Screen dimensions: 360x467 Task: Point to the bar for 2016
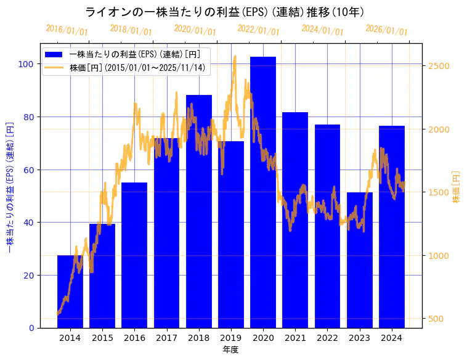click(x=134, y=255)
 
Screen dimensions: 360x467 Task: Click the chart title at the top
click(x=224, y=12)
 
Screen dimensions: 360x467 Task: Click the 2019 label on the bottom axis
click(x=231, y=338)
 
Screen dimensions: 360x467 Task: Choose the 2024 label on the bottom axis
click(x=392, y=338)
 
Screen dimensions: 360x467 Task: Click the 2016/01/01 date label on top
click(x=67, y=30)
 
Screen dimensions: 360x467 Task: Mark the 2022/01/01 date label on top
click(x=259, y=30)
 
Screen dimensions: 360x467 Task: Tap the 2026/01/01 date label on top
click(x=386, y=30)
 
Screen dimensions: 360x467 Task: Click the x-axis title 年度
click(x=231, y=350)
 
